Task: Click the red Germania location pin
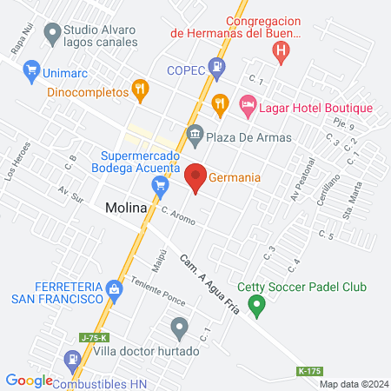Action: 195,176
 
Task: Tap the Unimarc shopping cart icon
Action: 31,70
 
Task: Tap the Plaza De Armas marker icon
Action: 195,136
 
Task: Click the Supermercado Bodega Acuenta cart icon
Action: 159,184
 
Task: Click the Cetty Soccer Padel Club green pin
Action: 256,305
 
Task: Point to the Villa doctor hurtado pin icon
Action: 179,328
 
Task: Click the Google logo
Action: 30,380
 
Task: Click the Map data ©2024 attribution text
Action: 352,384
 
